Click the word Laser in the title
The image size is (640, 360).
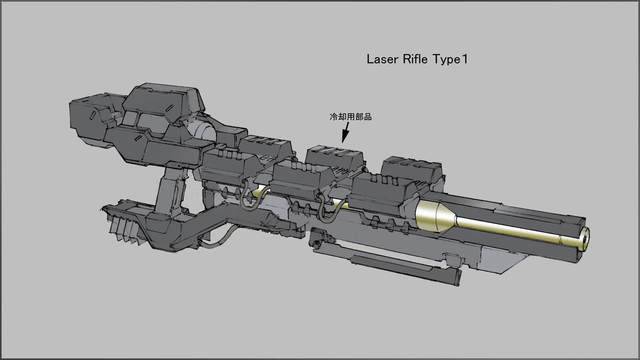381,59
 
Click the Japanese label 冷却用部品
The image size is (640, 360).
350,117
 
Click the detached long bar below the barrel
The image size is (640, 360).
405,267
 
